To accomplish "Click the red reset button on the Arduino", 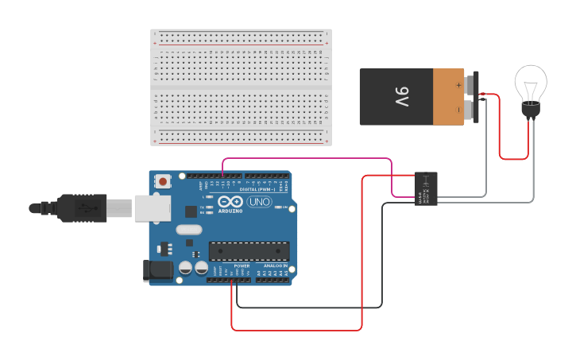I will (x=164, y=181).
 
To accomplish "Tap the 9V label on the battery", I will (x=401, y=97).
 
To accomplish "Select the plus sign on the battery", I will (x=458, y=83).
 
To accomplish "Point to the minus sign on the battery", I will (x=458, y=110).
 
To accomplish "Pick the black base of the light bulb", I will (x=530, y=110).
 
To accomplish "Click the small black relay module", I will (x=426, y=189).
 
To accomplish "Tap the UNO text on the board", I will (x=260, y=203).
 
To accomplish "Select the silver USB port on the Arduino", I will (x=152, y=207).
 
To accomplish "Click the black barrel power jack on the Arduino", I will (x=157, y=270).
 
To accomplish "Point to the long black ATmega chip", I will (x=249, y=251).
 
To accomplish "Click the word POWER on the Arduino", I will (x=230, y=266).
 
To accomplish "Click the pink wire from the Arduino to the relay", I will (x=318, y=158).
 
